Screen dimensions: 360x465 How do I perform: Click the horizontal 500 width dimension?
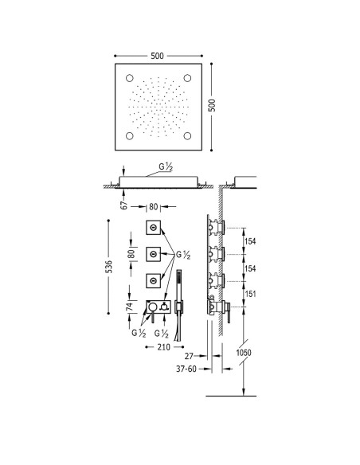click(157, 56)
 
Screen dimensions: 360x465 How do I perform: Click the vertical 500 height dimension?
click(212, 105)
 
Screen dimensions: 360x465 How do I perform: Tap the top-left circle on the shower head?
click(130, 78)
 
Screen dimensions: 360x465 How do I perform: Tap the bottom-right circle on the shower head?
click(187, 136)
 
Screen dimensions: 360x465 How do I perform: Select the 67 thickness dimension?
click(124, 205)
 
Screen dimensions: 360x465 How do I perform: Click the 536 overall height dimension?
click(109, 267)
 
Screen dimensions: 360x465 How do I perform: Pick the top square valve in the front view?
click(153, 228)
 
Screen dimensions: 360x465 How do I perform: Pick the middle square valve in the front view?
click(153, 254)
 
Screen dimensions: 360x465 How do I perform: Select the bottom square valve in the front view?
click(153, 280)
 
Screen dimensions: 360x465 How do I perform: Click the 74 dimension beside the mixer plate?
click(130, 307)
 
